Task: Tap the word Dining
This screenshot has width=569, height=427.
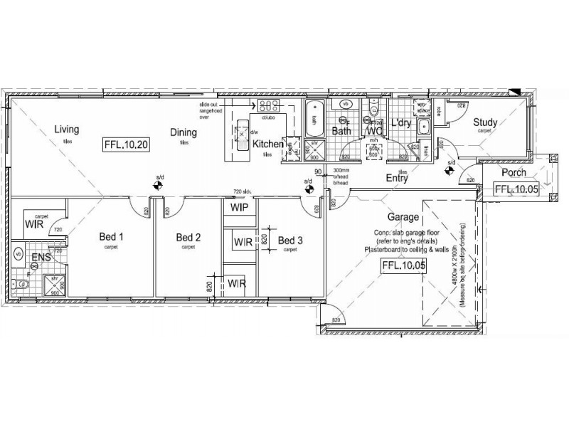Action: [183, 132]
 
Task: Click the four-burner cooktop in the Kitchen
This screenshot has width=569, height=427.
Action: [268, 107]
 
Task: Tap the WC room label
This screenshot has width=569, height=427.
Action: [374, 131]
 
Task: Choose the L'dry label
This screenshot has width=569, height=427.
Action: [402, 123]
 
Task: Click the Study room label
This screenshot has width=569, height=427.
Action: [486, 122]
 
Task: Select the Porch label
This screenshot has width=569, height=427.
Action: [514, 173]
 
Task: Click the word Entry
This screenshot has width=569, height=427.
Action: [396, 179]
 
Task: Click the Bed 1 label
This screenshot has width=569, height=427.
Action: [111, 237]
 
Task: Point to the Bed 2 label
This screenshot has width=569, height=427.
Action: [188, 237]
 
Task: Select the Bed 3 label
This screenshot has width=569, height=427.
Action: [290, 241]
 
